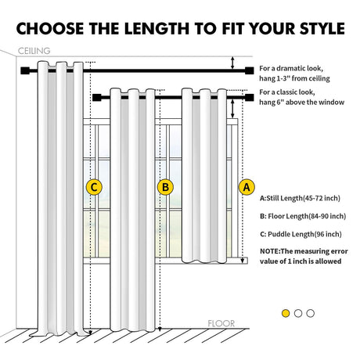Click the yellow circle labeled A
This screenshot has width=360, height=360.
tap(247, 187)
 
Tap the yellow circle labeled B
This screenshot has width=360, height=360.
tap(165, 187)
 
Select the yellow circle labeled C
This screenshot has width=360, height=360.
tap(94, 187)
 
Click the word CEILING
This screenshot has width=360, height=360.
tap(34, 51)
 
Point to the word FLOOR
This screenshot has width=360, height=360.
tap(221, 324)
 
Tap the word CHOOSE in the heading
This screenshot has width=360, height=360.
tap(50, 28)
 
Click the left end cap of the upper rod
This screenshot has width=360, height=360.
tap(24, 70)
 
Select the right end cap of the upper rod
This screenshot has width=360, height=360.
tap(250, 70)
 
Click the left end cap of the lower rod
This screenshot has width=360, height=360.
tap(96, 98)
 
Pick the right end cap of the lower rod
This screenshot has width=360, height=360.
tap(250, 98)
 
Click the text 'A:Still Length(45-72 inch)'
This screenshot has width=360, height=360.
tap(300, 198)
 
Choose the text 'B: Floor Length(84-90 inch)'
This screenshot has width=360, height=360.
tap(303, 216)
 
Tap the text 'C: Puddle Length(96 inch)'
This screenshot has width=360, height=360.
tap(301, 234)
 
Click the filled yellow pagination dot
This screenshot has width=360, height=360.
tap(286, 313)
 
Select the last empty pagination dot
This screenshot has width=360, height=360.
tap(311, 313)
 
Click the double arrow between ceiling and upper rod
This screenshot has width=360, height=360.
tap(232, 63)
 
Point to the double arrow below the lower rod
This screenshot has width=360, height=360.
tap(232, 109)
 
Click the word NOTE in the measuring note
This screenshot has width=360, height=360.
tap(270, 251)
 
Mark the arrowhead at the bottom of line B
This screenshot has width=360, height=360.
tap(160, 329)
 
